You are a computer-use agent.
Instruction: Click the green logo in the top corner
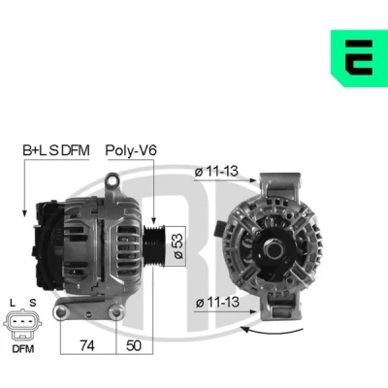coord(360,58)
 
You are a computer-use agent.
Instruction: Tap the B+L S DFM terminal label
coord(55,150)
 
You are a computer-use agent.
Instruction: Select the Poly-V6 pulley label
coord(131,150)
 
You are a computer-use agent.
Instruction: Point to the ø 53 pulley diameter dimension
coord(178,245)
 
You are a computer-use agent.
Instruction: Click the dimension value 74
coord(87,345)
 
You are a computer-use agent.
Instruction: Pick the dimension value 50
coord(134,345)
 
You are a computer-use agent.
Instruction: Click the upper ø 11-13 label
coord(216,171)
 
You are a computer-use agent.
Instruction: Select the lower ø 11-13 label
coord(218,303)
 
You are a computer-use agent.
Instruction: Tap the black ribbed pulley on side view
coord(154,245)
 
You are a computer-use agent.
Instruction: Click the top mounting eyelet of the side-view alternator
coord(113,180)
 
